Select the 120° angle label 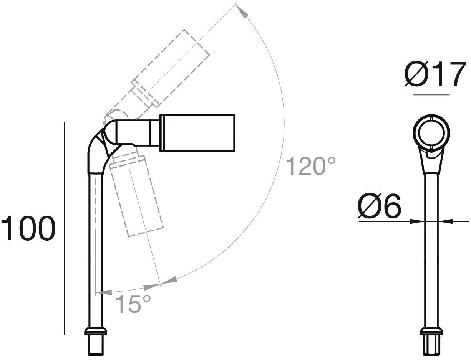(x=311, y=166)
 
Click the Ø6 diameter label (x=379, y=206)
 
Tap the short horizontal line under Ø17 (x=431, y=94)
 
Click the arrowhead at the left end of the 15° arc (x=101, y=293)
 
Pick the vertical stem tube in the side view (x=95, y=249)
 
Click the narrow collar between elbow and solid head (x=154, y=132)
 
